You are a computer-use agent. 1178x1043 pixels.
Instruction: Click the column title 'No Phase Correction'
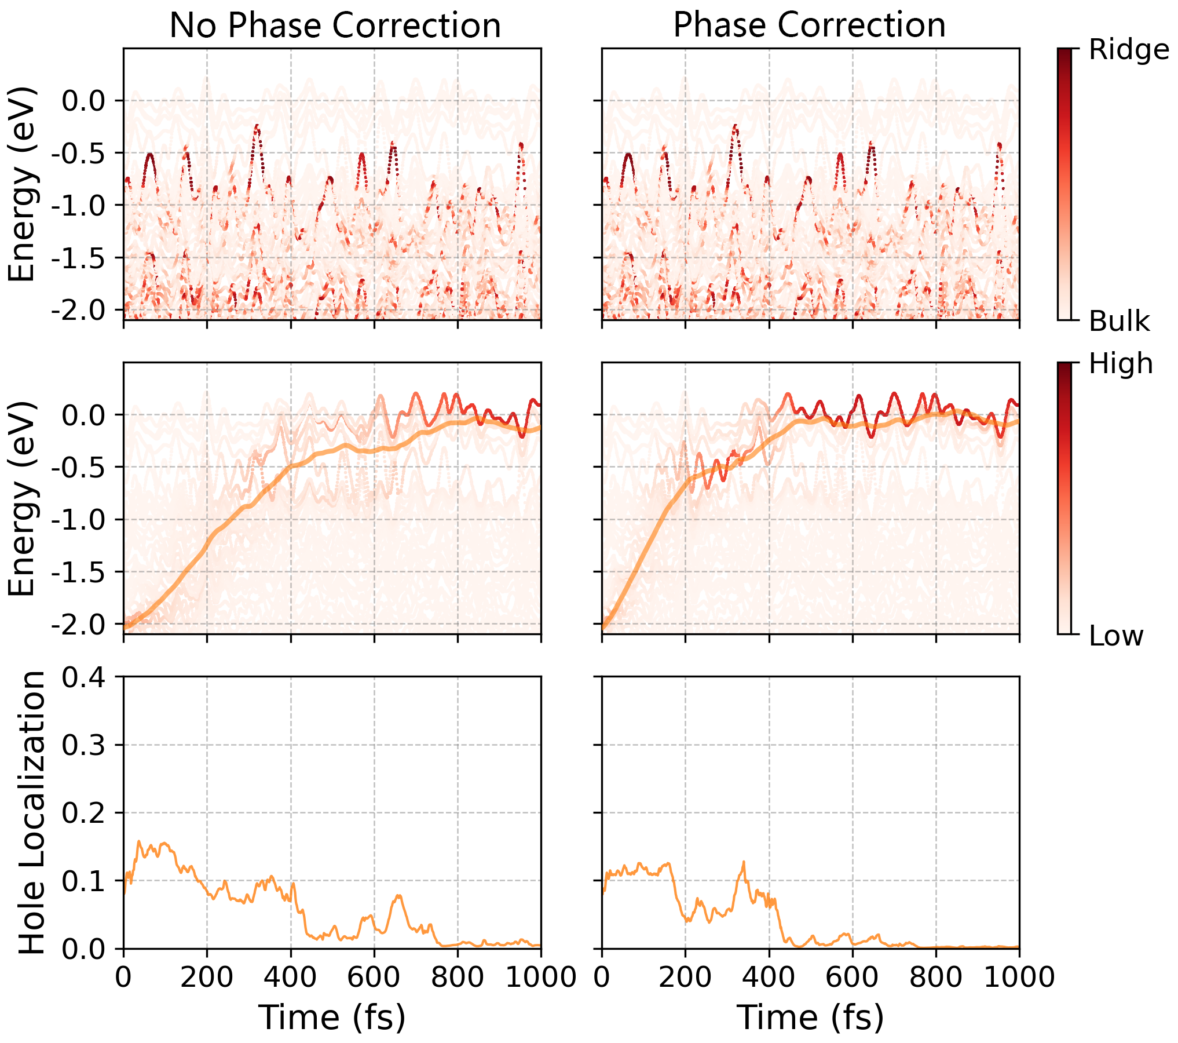tap(335, 25)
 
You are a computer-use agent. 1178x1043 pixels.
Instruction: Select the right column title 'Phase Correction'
tap(809, 25)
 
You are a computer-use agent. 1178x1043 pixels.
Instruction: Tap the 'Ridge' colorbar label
tap(1128, 50)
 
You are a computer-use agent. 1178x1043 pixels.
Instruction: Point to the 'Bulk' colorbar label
tap(1119, 321)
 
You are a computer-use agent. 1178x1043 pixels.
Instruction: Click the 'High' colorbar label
tap(1121, 364)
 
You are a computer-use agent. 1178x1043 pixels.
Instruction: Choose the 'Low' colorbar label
tap(1116, 636)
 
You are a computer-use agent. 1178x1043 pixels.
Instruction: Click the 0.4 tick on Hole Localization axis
tap(84, 677)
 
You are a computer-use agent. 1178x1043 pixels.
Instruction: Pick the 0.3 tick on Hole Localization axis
tap(84, 745)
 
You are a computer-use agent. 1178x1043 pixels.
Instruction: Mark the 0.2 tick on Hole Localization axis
tap(84, 813)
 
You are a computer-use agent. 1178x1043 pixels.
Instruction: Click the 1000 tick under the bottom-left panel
tap(541, 977)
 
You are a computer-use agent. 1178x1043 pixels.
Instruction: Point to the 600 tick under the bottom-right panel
tap(853, 977)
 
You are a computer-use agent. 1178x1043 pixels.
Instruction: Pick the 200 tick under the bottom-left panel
tap(207, 977)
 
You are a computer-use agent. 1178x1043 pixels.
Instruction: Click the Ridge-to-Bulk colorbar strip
tap(1064, 184)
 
